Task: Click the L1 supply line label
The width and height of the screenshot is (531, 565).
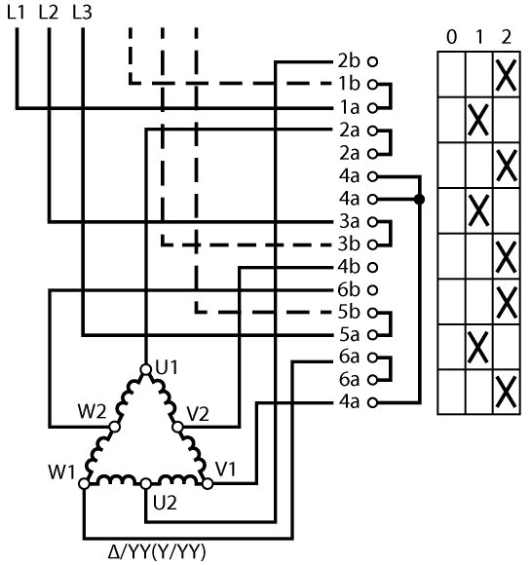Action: click(17, 13)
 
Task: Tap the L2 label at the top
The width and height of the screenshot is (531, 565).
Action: click(49, 13)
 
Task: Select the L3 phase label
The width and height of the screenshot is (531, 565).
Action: click(82, 13)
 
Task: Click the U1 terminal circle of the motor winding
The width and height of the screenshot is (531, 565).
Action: click(145, 369)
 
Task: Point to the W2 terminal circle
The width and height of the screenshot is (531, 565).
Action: click(114, 427)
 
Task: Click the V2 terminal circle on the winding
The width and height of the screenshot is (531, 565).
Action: click(177, 427)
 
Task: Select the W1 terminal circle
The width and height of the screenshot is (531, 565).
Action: click(84, 483)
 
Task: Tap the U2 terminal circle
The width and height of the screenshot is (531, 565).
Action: click(145, 483)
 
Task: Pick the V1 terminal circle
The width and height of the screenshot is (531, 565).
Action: click(208, 483)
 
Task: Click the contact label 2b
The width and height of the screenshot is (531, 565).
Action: click(349, 61)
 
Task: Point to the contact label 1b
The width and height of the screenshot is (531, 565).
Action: click(349, 84)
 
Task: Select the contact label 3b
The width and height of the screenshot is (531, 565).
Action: click(349, 244)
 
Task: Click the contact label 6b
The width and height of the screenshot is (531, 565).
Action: click(349, 289)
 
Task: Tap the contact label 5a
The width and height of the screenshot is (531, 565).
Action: click(349, 335)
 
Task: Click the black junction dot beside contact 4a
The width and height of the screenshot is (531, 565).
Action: click(419, 199)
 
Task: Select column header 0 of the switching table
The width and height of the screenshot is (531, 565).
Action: click(451, 37)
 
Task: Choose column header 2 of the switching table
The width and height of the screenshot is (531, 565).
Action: click(506, 37)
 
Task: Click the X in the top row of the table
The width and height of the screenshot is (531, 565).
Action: click(506, 75)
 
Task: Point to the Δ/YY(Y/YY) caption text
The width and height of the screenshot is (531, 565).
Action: click(157, 551)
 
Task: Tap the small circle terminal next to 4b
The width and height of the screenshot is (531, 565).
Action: click(372, 267)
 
